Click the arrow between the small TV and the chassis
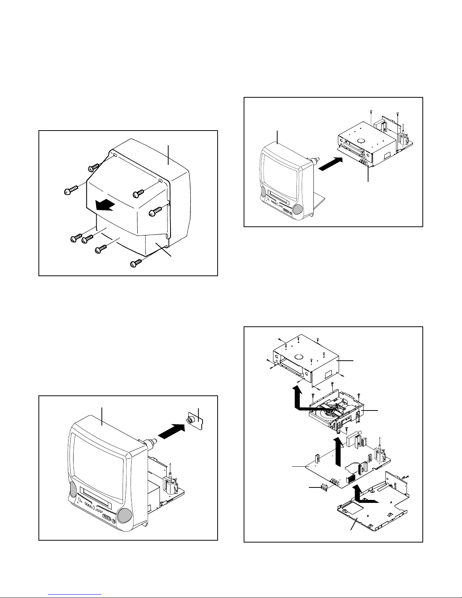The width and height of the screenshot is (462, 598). (x=331, y=164)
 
